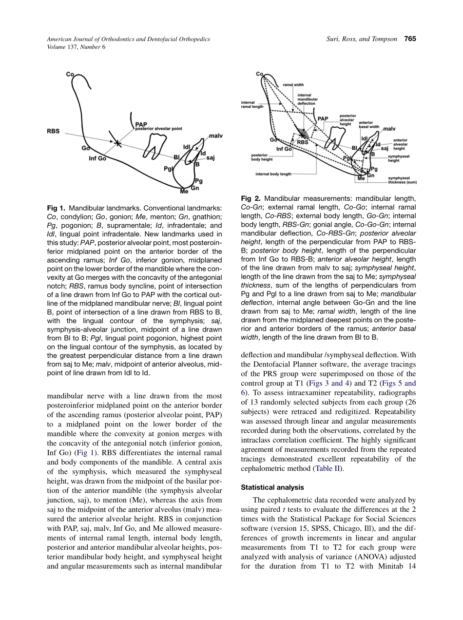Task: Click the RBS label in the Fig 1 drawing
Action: pyautogui.click(x=53, y=131)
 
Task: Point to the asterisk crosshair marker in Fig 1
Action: pyautogui.click(x=117, y=143)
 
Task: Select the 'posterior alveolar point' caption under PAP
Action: pyautogui.click(x=159, y=129)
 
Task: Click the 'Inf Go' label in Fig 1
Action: pyautogui.click(x=97, y=158)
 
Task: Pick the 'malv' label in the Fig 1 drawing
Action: pyautogui.click(x=215, y=136)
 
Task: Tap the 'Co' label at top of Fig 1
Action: pyautogui.click(x=70, y=74)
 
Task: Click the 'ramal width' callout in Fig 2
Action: pyautogui.click(x=293, y=85)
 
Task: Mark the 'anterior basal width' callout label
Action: pyautogui.click(x=369, y=125)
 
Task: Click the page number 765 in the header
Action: pyautogui.click(x=410, y=39)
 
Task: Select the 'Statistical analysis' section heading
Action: pyautogui.click(x=272, y=487)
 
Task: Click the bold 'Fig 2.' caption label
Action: pyautogui.click(x=251, y=199)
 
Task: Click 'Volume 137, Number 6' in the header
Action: pyautogui.click(x=76, y=47)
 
